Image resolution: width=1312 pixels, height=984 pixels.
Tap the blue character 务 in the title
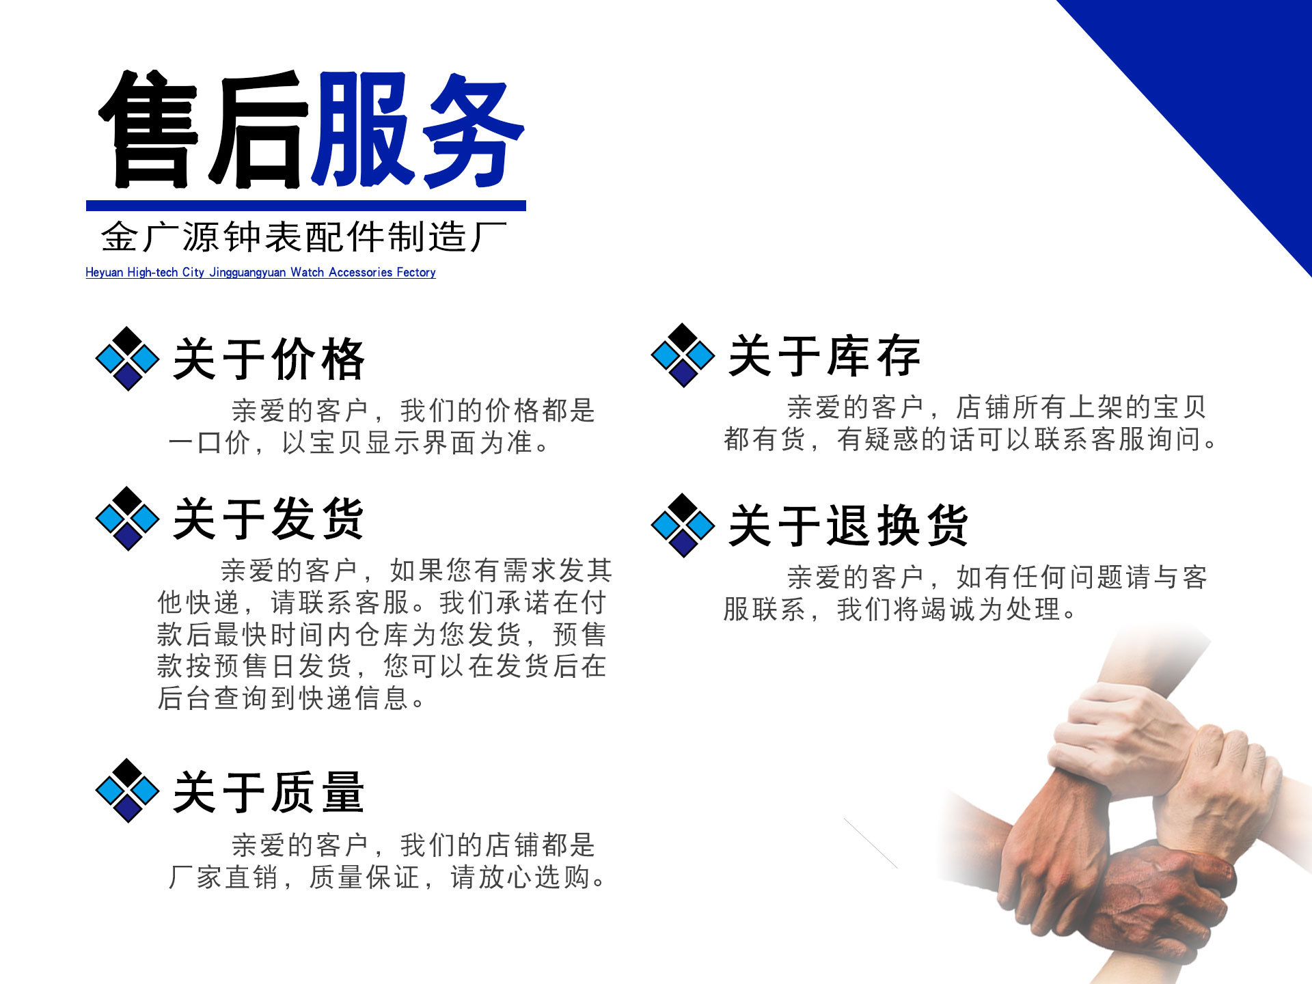pos(471,130)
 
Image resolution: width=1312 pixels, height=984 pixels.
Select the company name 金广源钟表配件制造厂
pos(304,237)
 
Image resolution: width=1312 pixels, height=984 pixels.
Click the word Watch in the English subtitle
pos(307,273)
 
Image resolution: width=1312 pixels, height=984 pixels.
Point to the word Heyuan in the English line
pos(104,273)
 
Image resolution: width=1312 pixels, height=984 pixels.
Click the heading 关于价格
pos(269,359)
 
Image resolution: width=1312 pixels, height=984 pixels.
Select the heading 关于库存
pos(824,356)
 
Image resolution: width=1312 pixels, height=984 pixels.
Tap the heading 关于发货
pos(269,519)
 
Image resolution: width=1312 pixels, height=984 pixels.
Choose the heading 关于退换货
pos(848,525)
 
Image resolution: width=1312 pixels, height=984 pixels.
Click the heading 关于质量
pos(269,792)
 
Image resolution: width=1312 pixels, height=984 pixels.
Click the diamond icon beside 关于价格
pos(127,359)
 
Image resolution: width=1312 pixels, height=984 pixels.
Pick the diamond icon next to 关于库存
pos(683,355)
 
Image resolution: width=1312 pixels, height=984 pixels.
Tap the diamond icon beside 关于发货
pos(127,519)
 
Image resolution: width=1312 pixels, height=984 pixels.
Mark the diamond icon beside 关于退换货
pos(683,525)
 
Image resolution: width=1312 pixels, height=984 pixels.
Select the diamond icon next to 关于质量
pos(127,791)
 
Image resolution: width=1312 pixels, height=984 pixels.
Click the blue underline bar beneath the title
pos(305,206)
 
